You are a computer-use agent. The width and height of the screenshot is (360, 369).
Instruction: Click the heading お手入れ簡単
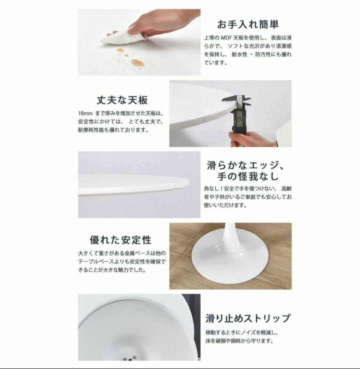click(x=248, y=25)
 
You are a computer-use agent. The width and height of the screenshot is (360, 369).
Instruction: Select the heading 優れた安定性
click(x=120, y=240)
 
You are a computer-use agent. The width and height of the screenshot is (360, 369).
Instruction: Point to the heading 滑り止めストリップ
click(x=248, y=318)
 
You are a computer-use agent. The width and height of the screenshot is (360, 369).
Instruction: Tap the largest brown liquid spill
click(x=137, y=63)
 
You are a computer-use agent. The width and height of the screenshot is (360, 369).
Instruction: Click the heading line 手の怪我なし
click(x=248, y=177)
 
